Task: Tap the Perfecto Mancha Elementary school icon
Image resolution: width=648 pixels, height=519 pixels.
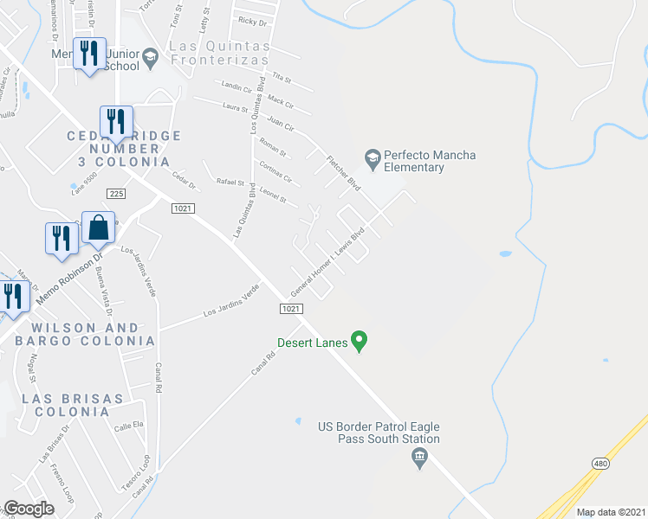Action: coord(373,157)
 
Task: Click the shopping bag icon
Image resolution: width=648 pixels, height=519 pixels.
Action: coord(99,228)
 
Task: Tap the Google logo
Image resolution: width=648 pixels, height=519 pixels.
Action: coord(29,508)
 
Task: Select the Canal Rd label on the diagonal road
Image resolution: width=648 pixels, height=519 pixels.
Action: coord(265,356)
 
